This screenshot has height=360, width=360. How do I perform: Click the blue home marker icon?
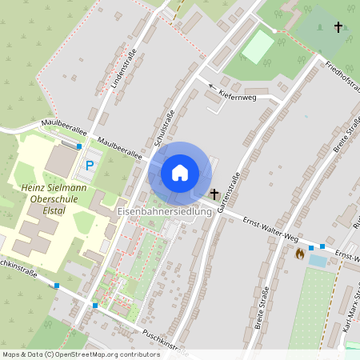point(180,173)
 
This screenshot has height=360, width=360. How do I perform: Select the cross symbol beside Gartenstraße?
point(214,194)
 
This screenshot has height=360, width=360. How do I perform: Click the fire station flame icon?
point(300,254)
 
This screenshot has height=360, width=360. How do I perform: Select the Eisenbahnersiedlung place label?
point(164,212)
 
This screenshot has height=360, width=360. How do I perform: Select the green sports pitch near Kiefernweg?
point(258,47)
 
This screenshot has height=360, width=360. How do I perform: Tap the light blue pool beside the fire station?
point(318,260)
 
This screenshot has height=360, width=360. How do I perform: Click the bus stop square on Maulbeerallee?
point(78,146)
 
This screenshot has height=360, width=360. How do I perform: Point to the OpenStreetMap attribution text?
point(81,354)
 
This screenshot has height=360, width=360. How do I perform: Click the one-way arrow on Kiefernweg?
point(213,86)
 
